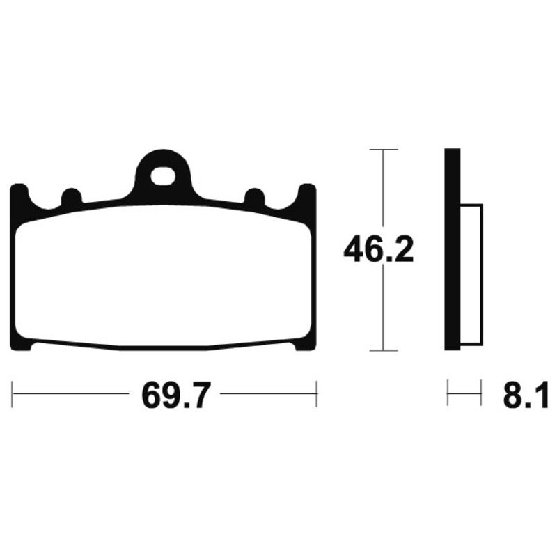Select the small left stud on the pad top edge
pyautogui.click(x=71, y=197)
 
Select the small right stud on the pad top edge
pyautogui.click(x=254, y=197)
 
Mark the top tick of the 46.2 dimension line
pyautogui.click(x=383, y=150)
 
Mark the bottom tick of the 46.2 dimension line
pyautogui.click(x=383, y=350)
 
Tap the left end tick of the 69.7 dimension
pyautogui.click(x=13, y=395)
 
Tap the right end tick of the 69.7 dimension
pyautogui.click(x=317, y=395)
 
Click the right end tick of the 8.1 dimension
pyautogui.click(x=481, y=394)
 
